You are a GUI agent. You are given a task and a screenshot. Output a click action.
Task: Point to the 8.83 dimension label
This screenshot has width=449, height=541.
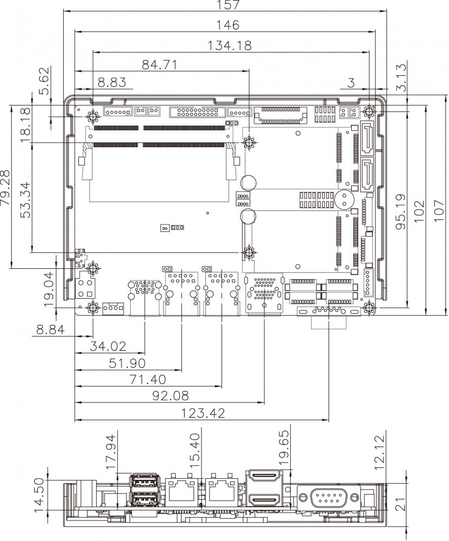(112, 82)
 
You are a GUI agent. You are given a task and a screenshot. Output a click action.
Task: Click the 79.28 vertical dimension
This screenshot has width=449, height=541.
(7, 187)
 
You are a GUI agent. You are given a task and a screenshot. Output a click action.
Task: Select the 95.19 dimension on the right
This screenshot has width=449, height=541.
(400, 212)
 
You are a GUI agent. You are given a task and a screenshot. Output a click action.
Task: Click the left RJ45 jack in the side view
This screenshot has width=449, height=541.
(181, 491)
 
